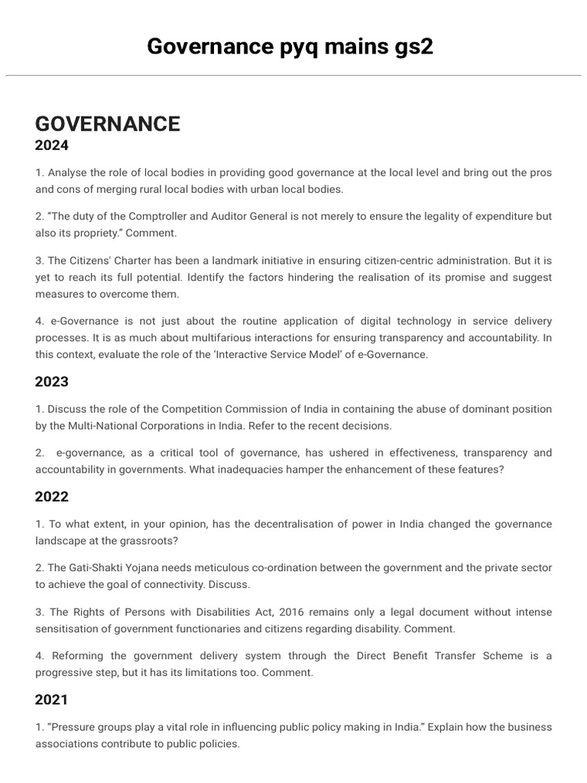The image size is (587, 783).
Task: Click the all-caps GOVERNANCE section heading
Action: coord(108,124)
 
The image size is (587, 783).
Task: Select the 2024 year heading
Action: coord(52,145)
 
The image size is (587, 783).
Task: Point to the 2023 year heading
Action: coord(52,382)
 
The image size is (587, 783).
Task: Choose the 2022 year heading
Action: coord(52,497)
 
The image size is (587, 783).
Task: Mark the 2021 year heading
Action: coord(52,700)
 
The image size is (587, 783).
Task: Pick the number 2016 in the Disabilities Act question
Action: coord(293,612)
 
